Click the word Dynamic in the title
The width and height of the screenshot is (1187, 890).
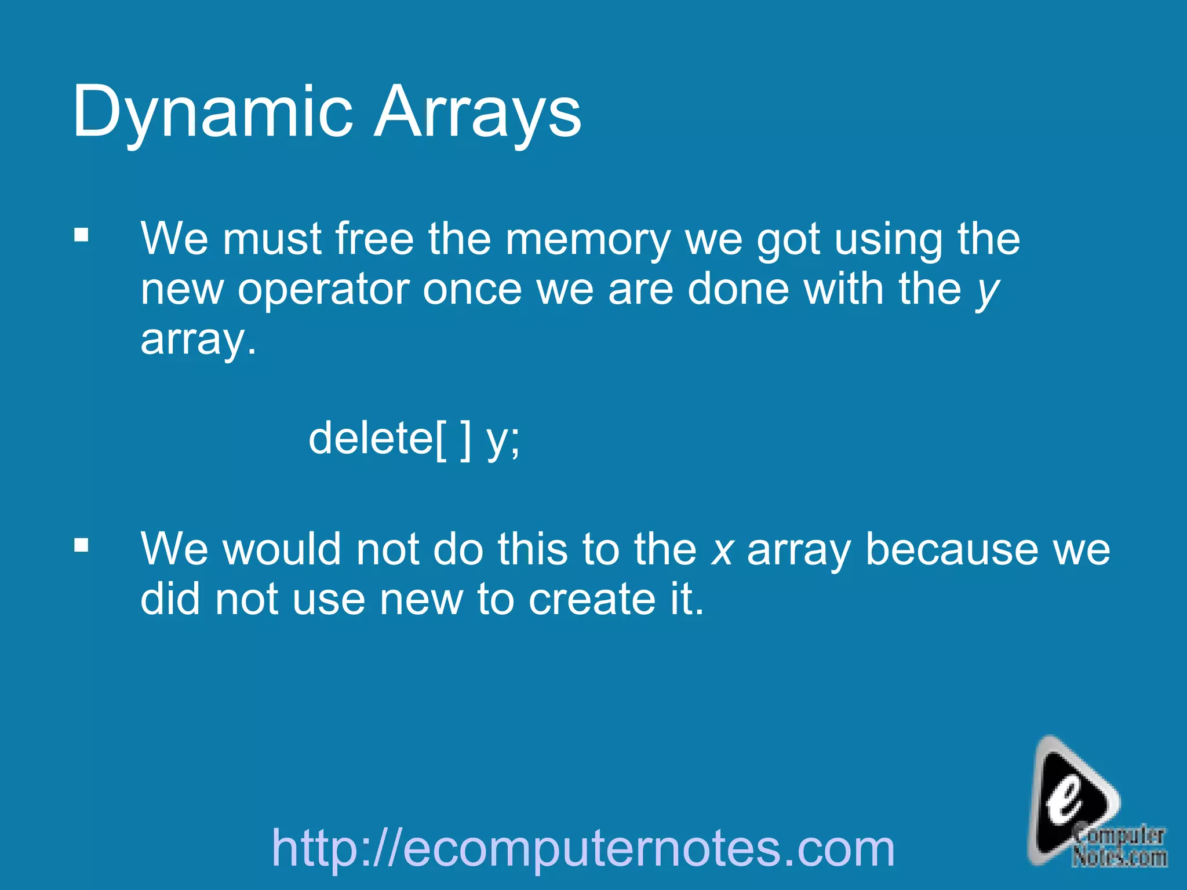212,111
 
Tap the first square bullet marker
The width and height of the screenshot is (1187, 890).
81,235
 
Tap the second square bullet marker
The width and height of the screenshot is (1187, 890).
81,545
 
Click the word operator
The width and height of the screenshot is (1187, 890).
323,289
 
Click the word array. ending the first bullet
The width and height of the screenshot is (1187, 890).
198,341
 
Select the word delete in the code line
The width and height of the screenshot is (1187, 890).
370,439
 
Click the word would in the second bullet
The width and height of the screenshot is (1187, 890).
282,549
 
